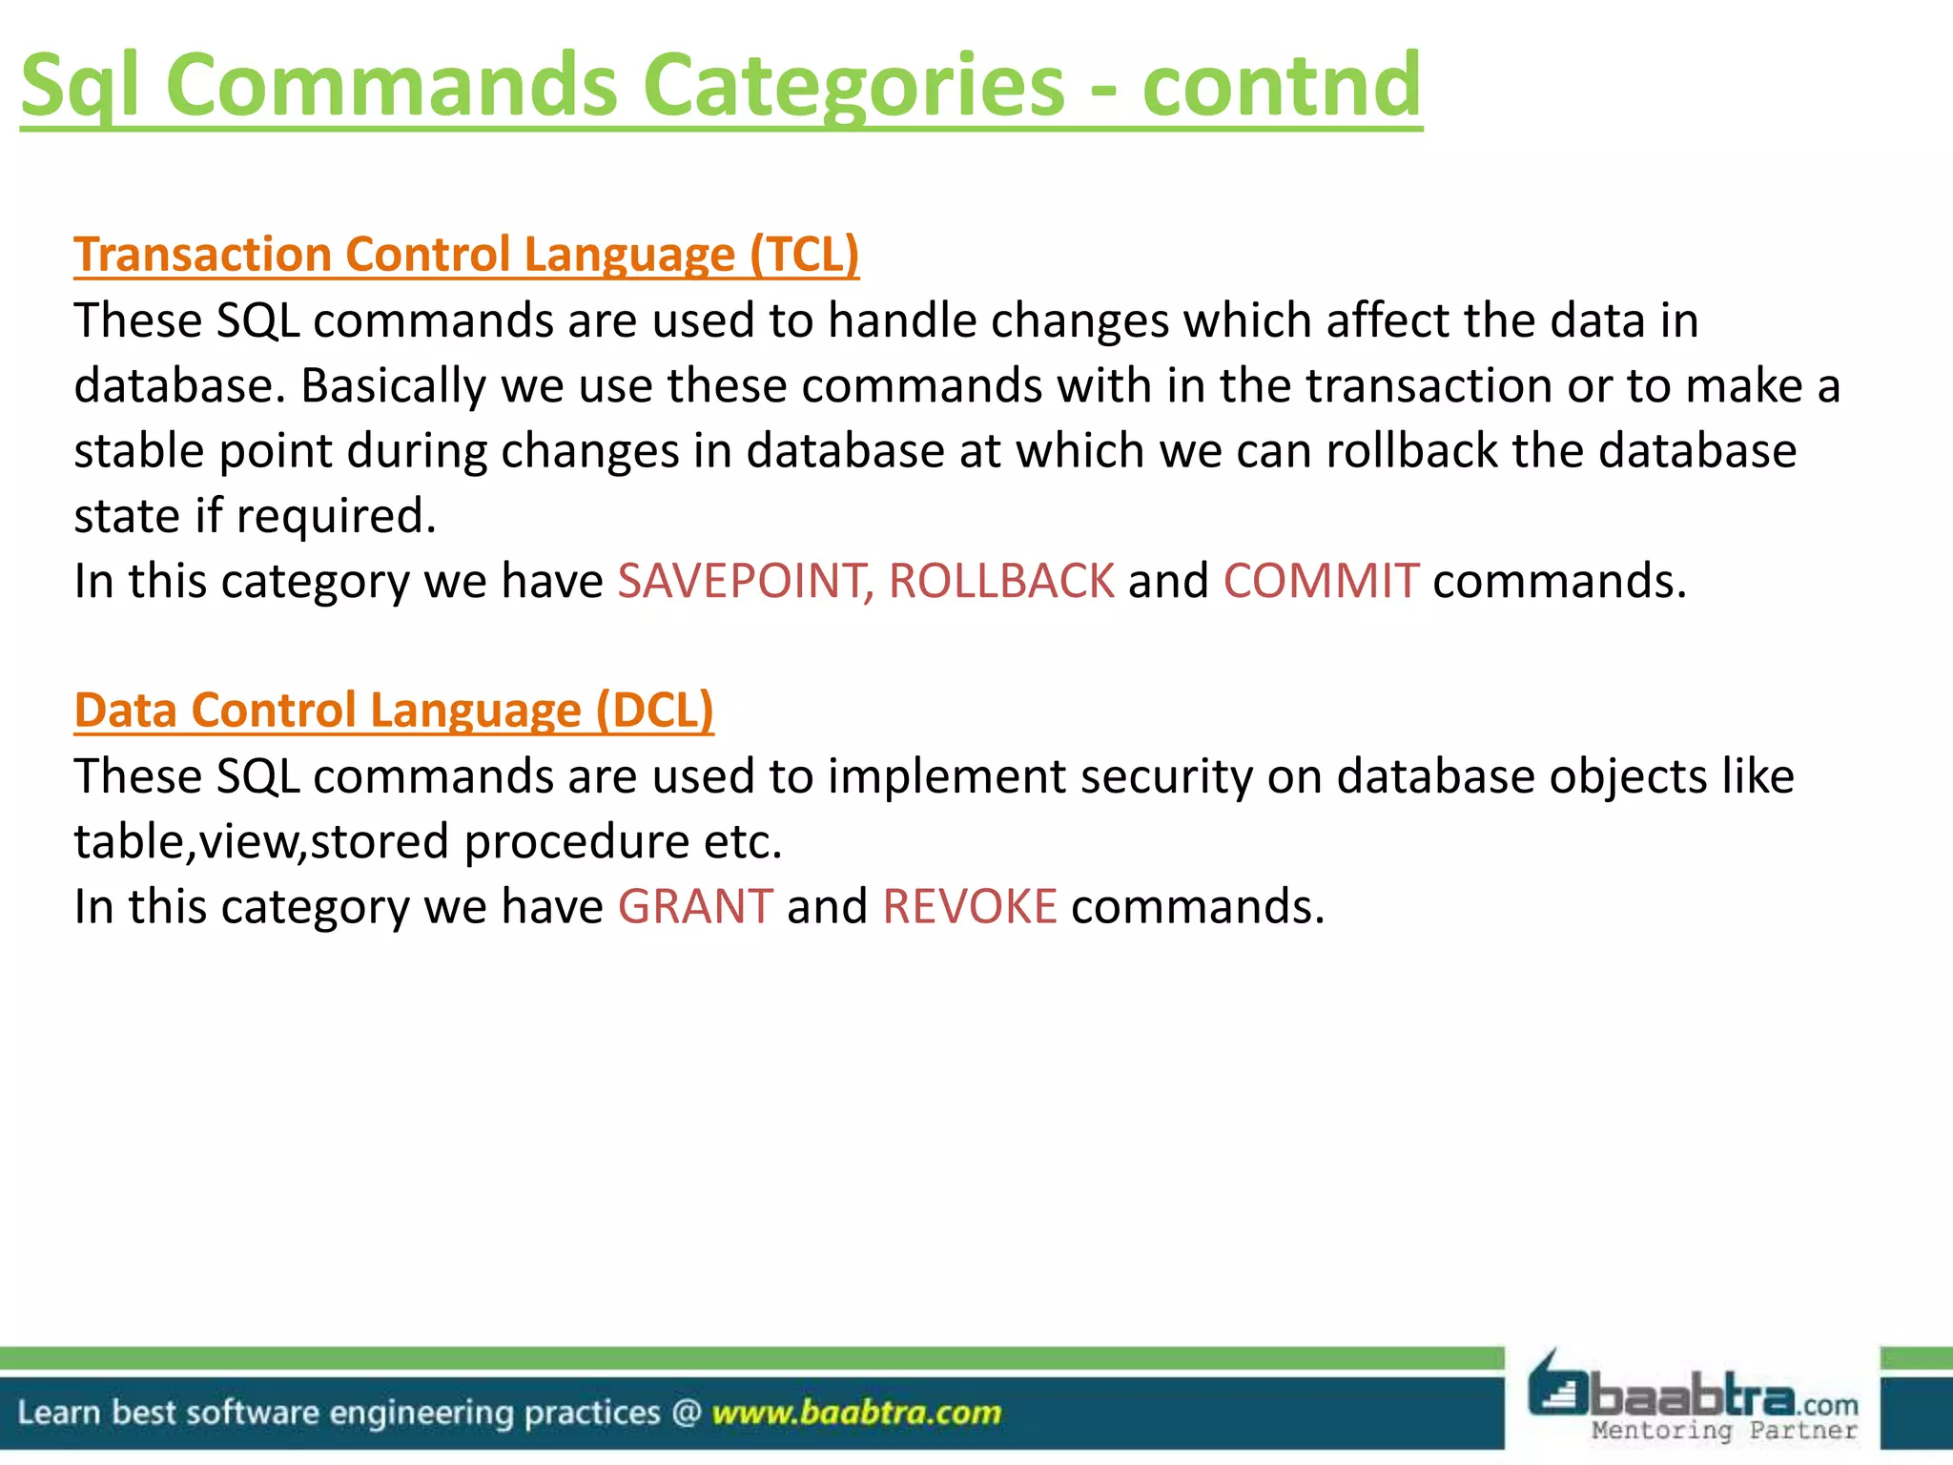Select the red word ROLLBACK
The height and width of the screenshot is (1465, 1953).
1001,581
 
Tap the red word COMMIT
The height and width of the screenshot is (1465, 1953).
1321,581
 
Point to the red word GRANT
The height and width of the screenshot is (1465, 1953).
695,906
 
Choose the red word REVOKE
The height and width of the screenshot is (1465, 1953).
970,906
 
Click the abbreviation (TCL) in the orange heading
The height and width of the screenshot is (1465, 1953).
804,255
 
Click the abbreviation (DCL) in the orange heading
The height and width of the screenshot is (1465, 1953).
654,711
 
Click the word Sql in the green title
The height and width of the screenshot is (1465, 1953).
81,86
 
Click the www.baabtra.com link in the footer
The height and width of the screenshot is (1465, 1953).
856,1412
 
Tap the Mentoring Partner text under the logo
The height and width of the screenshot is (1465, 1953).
1724,1430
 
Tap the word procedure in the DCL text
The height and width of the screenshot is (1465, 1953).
576,842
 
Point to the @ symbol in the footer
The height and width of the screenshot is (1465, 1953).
687,1412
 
